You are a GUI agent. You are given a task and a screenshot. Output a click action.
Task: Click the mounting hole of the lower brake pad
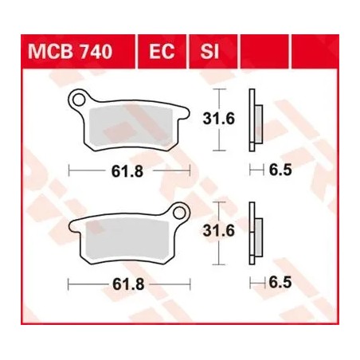click(181, 213)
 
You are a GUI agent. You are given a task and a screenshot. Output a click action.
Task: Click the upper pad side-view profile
click(254, 120)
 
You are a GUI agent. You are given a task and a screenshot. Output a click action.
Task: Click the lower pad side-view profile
click(254, 233)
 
